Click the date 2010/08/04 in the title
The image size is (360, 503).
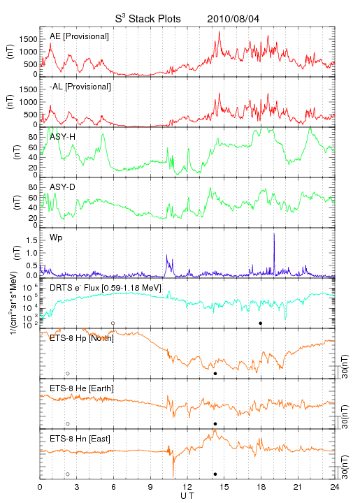coord(233,19)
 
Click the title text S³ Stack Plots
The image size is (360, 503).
coord(148,18)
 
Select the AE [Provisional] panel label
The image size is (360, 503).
coord(79,36)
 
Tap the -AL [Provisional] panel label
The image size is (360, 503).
coord(80,87)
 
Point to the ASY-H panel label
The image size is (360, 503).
coord(63,137)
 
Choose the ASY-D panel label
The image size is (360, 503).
coord(63,187)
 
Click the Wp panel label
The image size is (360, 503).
coord(56,238)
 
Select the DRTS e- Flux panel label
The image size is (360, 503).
coord(106,288)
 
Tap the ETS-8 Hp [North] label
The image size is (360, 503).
coord(82,338)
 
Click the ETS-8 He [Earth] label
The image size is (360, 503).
coord(82,388)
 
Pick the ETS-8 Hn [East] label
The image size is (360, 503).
coord(80,439)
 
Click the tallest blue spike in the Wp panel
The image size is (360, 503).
coord(274,254)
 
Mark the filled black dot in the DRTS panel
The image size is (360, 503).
coord(261,323)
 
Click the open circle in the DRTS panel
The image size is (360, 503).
coord(113,323)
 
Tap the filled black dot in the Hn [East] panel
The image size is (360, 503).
coord(215,474)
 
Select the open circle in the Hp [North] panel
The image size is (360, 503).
coord(68,374)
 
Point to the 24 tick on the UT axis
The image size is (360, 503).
coord(335,487)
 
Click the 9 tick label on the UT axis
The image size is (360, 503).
coord(150,487)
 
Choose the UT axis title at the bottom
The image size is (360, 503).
coord(187,496)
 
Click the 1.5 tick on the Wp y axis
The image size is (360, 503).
coord(31,240)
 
